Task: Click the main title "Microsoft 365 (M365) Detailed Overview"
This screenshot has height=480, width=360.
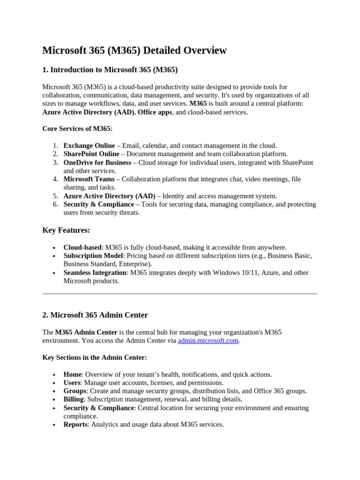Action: pyautogui.click(x=135, y=51)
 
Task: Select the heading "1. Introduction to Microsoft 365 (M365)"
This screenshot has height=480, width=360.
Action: pyautogui.click(x=110, y=70)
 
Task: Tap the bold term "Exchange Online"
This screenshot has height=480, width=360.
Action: pyautogui.click(x=89, y=146)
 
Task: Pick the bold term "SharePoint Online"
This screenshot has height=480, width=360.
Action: pyautogui.click(x=91, y=154)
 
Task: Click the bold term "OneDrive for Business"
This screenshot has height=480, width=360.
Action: pyautogui.click(x=97, y=163)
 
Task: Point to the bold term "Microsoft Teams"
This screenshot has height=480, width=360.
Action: pyautogui.click(x=89, y=179)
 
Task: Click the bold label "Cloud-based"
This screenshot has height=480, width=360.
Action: pyautogui.click(x=82, y=247)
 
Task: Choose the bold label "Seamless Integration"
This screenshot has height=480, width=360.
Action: pyautogui.click(x=95, y=273)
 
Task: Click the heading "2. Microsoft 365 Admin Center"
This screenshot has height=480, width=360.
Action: pyautogui.click(x=95, y=315)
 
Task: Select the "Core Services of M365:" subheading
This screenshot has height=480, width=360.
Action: pyautogui.click(x=77, y=128)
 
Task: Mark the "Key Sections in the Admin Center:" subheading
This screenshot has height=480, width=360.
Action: pyautogui.click(x=95, y=357)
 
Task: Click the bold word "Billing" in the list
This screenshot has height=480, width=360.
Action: pyautogui.click(x=74, y=399)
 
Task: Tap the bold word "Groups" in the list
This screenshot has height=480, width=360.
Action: pyautogui.click(x=75, y=391)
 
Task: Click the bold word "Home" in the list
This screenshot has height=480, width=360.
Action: pyautogui.click(x=73, y=375)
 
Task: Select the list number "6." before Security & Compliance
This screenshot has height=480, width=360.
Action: pyautogui.click(x=55, y=204)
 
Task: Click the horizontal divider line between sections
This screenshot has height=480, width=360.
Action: pyautogui.click(x=180, y=294)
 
